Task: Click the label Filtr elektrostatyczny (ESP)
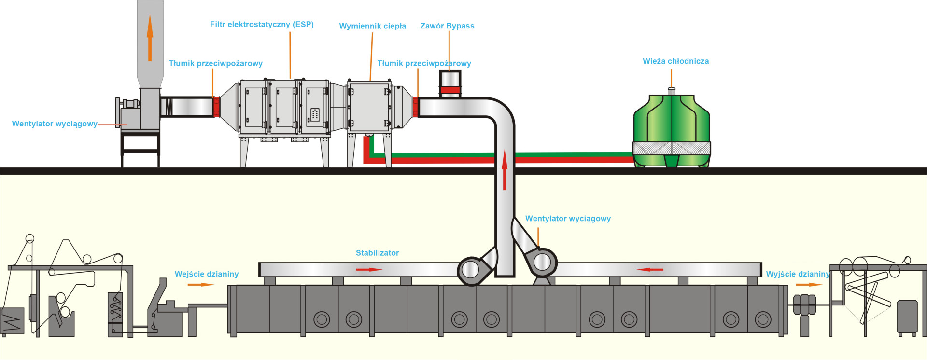262,24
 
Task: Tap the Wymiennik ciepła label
372,26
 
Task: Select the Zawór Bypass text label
447,26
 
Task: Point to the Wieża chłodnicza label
675,61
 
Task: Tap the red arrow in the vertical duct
505,169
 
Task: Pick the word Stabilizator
377,253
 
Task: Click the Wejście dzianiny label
207,274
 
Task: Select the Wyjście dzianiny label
798,274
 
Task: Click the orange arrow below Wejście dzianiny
200,285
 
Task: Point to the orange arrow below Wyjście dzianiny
809,285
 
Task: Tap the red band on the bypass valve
450,90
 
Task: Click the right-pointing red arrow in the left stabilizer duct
369,269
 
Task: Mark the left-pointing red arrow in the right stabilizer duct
650,269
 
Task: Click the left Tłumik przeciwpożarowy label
215,63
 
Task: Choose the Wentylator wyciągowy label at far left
55,124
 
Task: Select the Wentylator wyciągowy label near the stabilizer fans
568,219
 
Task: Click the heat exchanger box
369,106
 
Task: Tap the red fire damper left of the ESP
216,107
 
